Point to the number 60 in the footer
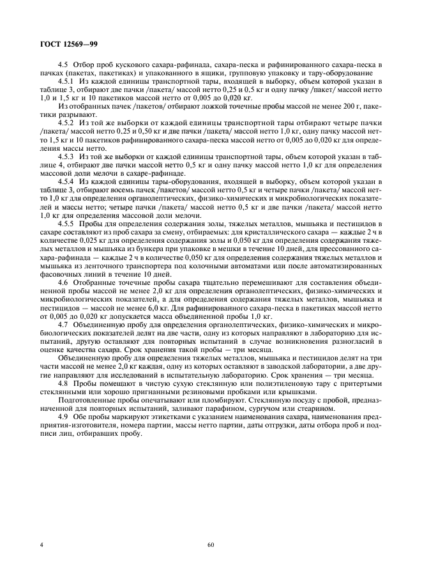tap(210, 545)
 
